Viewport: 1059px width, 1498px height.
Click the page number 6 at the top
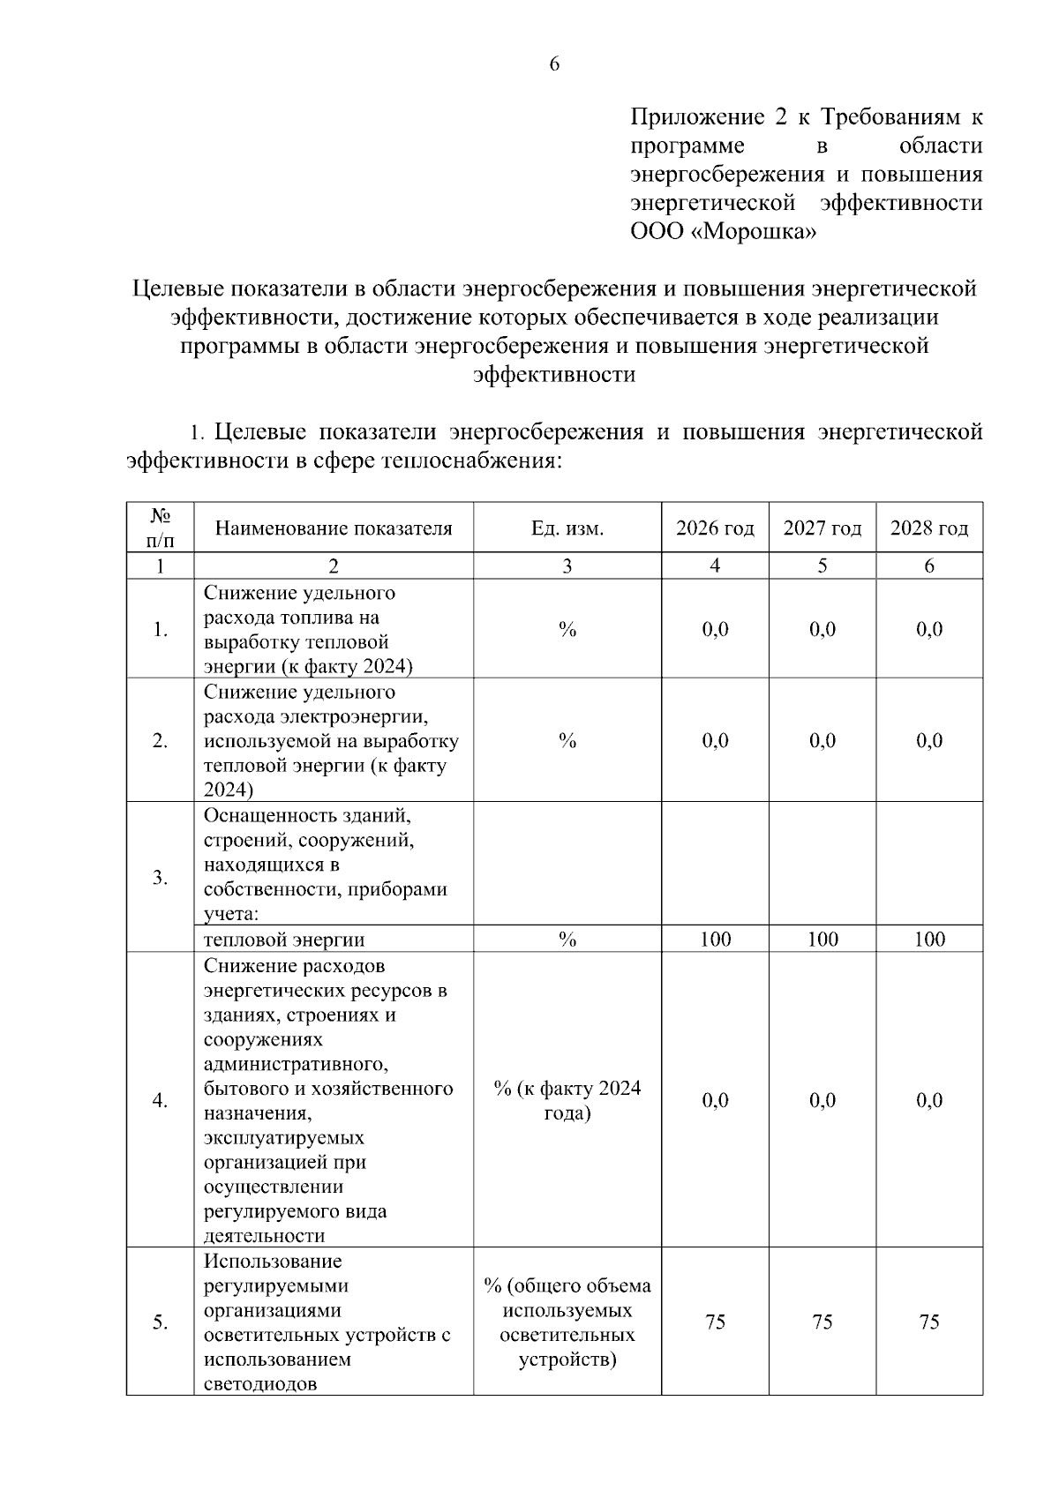pos(554,64)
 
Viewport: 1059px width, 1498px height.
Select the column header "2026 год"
pos(715,528)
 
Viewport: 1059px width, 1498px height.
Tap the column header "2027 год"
pos(822,528)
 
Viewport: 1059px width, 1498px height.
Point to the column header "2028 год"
pos(929,528)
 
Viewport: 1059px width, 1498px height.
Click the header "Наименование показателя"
pos(334,528)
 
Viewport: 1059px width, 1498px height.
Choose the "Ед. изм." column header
pos(567,528)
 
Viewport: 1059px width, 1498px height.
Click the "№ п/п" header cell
pos(160,527)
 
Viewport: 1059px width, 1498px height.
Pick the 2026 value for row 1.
pos(715,629)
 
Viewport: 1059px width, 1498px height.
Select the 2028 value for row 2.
pos(929,740)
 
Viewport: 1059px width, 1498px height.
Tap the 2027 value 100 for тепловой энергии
pos(822,940)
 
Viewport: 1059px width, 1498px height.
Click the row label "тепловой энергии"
pos(284,940)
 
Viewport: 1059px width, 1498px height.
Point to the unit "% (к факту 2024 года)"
pos(567,1100)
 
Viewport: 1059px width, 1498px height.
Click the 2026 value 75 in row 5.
pos(715,1322)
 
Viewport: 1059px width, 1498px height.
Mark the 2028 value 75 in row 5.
pos(929,1322)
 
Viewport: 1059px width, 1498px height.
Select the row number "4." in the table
pos(160,1100)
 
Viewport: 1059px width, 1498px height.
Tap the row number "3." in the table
pos(160,877)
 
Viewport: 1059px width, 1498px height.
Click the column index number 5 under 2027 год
pos(822,566)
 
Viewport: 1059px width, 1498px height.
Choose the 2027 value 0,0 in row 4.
pos(822,1100)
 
